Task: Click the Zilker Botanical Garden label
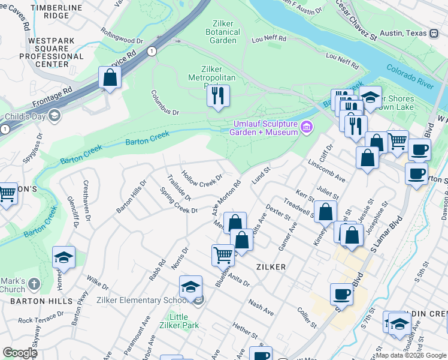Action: click(223, 32)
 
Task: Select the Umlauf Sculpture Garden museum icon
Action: click(307, 127)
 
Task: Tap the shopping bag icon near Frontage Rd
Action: click(110, 77)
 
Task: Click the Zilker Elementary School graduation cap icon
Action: click(190, 287)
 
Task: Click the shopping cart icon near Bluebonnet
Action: click(223, 254)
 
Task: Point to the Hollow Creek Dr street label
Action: click(202, 178)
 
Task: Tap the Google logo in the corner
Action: click(20, 352)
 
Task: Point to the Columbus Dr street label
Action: click(165, 103)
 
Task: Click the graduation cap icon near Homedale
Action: click(63, 257)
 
